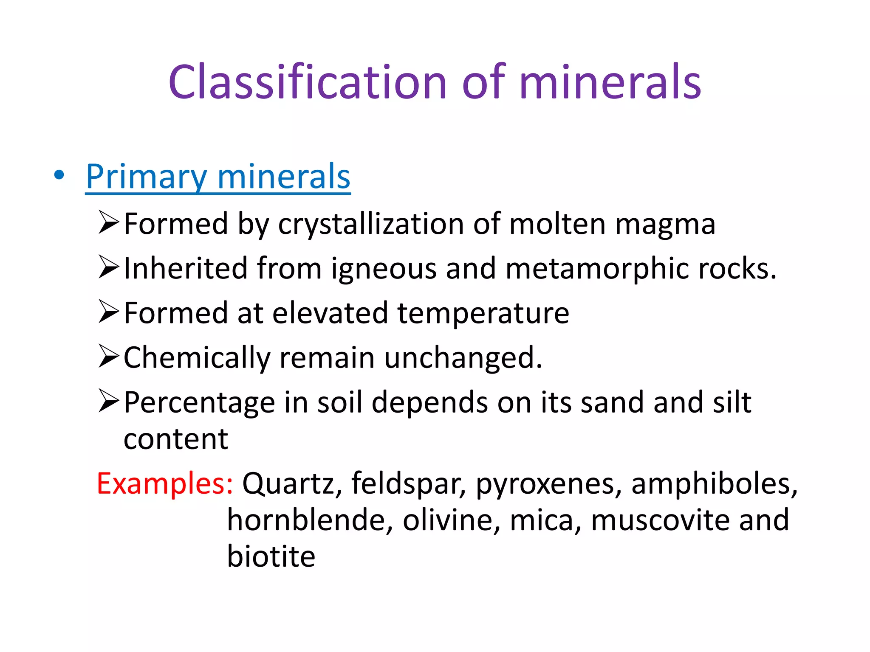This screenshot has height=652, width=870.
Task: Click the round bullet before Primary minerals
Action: (59, 174)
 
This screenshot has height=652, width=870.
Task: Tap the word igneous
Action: (384, 269)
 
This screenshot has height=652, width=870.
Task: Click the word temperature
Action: (483, 313)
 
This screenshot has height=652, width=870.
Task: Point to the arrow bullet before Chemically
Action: (109, 356)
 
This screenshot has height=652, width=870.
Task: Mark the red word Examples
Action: (165, 483)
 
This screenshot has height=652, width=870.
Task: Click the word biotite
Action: (271, 556)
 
